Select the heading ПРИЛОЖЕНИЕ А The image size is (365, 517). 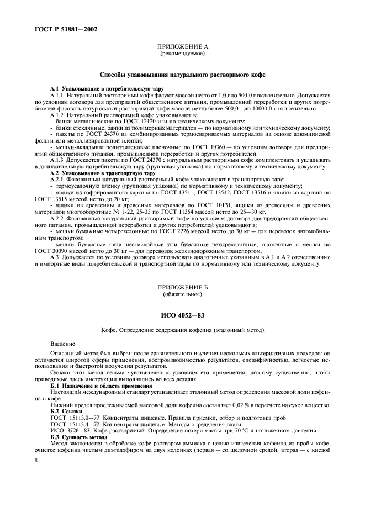tap(182, 49)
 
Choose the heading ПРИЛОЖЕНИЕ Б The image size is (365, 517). tap(182, 288)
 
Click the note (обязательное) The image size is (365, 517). tap(182, 294)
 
